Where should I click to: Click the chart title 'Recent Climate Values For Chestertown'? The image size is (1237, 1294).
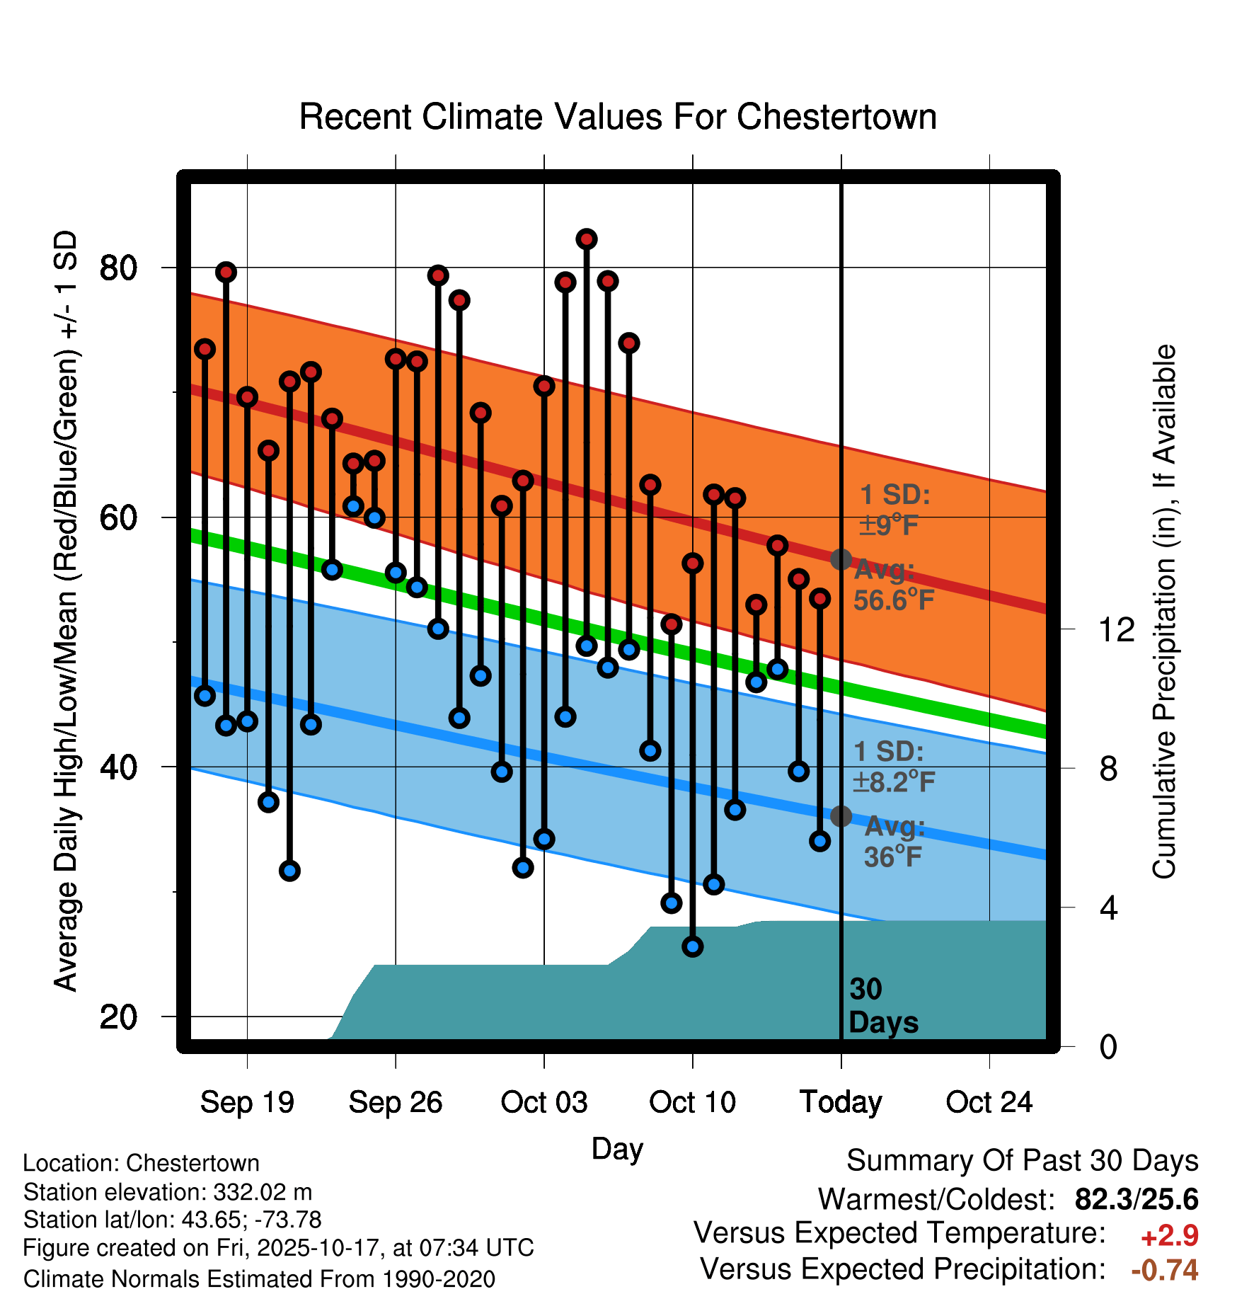click(x=618, y=117)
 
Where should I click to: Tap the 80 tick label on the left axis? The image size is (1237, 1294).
click(x=118, y=268)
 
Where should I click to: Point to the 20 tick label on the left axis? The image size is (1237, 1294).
click(x=118, y=1017)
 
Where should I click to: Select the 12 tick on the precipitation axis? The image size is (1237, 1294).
click(x=1116, y=629)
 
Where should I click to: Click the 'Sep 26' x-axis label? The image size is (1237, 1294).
click(x=396, y=1102)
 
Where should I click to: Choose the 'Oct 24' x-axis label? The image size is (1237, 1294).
click(x=989, y=1102)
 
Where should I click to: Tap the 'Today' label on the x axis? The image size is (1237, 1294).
click(x=841, y=1102)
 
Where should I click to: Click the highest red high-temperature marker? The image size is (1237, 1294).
click(x=586, y=239)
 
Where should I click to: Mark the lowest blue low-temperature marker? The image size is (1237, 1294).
click(x=693, y=946)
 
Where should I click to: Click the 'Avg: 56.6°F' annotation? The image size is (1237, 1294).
click(x=893, y=585)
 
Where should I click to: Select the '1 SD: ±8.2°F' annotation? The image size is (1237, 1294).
click(x=893, y=767)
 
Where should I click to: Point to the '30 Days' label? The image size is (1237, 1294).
click(x=882, y=1006)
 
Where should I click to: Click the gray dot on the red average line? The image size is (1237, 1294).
click(x=841, y=559)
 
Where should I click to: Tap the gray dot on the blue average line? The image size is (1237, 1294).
click(x=841, y=816)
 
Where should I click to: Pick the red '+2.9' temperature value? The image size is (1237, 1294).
click(x=1169, y=1236)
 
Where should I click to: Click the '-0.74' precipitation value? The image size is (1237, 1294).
click(x=1165, y=1270)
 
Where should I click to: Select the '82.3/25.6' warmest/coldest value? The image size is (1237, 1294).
click(x=1137, y=1199)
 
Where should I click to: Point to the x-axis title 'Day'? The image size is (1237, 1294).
click(x=617, y=1149)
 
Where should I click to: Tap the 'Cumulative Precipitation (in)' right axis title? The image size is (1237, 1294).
click(x=1164, y=612)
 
